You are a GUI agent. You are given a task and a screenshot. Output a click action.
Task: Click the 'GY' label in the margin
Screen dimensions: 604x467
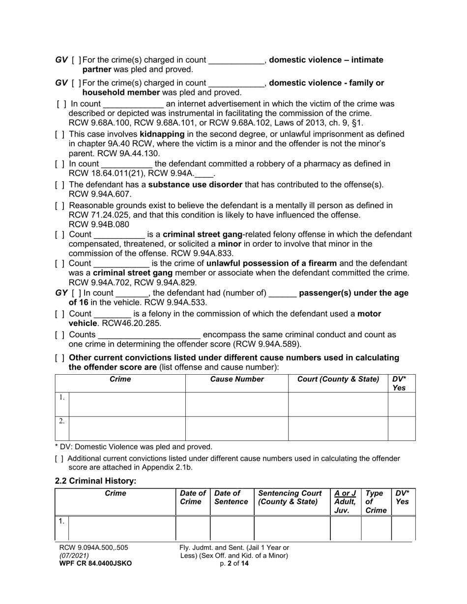click(x=61, y=293)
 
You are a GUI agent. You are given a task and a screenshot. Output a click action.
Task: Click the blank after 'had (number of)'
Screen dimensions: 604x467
click(x=283, y=293)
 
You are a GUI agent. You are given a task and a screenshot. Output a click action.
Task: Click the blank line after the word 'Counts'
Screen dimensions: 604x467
click(x=149, y=335)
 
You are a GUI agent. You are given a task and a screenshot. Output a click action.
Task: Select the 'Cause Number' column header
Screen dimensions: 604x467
click(x=237, y=379)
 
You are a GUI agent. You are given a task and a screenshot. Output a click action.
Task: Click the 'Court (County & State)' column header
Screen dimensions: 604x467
click(x=338, y=379)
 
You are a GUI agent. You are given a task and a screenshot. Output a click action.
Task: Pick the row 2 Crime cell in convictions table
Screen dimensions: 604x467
click(x=127, y=428)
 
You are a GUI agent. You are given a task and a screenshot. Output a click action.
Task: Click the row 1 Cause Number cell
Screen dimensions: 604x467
click(x=237, y=404)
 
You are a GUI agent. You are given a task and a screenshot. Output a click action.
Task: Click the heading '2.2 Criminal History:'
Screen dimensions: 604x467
click(x=95, y=481)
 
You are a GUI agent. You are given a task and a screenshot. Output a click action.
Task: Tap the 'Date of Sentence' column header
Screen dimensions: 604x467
click(x=232, y=497)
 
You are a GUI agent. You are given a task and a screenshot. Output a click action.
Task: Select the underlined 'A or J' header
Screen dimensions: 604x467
click(x=345, y=493)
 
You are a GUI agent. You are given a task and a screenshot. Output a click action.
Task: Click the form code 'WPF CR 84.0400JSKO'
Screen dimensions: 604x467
click(x=95, y=564)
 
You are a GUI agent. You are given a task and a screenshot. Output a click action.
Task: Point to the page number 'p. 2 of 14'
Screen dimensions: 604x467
click(x=234, y=564)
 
